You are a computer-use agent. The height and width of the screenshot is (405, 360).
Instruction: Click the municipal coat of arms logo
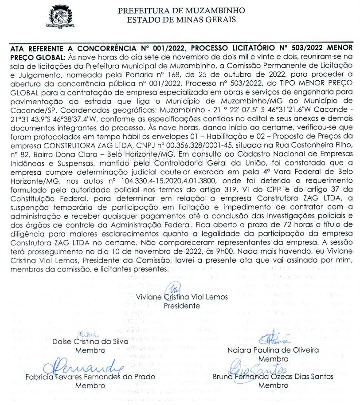pyautogui.click(x=63, y=17)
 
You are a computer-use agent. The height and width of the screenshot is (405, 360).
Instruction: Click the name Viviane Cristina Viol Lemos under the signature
pyautogui.click(x=182, y=297)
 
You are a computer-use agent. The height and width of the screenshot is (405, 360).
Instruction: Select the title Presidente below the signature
pyautogui.click(x=182, y=306)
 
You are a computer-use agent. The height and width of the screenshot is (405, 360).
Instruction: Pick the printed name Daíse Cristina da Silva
pyautogui.click(x=90, y=342)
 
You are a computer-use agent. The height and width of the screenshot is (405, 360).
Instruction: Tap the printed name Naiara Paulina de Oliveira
pyautogui.click(x=273, y=350)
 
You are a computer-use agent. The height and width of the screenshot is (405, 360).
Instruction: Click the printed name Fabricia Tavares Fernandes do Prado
pyautogui.click(x=90, y=377)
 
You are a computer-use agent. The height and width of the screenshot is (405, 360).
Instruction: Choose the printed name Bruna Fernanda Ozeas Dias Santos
pyautogui.click(x=273, y=377)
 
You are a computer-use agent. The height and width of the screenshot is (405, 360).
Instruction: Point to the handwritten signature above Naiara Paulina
pyautogui.click(x=274, y=339)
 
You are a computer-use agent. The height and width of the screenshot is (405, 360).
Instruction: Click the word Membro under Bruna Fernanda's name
pyautogui.click(x=273, y=385)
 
